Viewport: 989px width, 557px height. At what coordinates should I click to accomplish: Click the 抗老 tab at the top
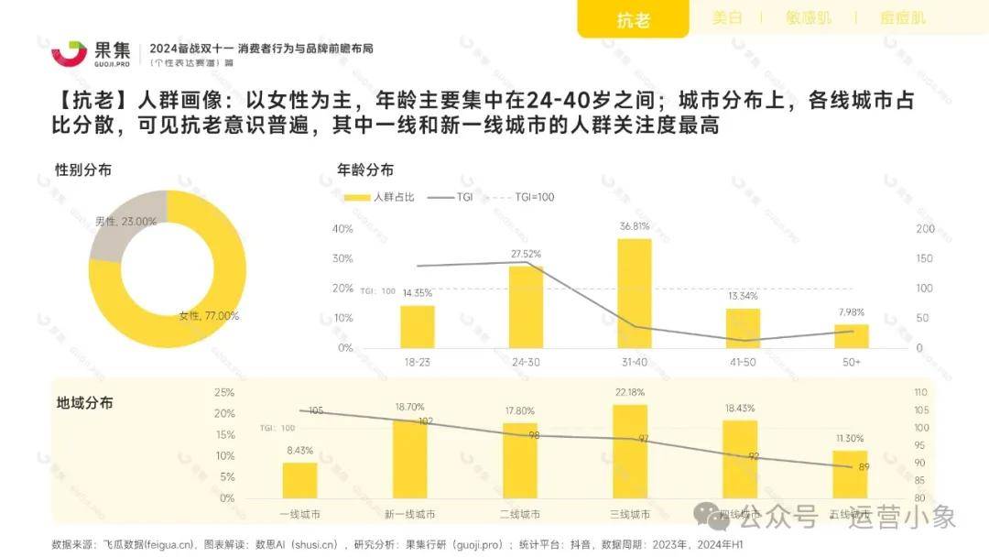click(633, 19)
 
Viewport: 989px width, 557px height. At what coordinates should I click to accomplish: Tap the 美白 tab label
click(727, 17)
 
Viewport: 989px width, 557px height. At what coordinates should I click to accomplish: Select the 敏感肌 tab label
click(806, 17)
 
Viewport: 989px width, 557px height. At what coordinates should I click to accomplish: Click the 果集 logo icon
click(69, 54)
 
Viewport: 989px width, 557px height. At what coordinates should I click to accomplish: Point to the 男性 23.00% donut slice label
click(125, 222)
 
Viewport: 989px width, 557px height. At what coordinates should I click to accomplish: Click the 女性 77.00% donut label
click(209, 316)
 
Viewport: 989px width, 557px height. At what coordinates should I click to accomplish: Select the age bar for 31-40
click(634, 293)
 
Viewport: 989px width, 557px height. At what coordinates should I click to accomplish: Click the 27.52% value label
click(526, 254)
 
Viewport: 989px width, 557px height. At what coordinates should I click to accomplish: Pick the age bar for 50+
click(851, 336)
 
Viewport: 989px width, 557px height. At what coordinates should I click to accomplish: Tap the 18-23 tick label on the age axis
click(418, 362)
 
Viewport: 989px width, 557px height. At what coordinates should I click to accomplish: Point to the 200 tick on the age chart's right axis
click(926, 229)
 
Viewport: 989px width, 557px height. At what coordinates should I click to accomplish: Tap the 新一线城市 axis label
click(409, 514)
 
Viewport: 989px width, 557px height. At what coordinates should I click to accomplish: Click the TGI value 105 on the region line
click(316, 411)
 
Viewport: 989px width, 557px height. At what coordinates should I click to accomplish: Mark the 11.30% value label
click(849, 439)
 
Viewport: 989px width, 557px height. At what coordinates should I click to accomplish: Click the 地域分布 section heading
click(84, 403)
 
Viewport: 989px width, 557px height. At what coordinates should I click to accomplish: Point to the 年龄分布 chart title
click(365, 169)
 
